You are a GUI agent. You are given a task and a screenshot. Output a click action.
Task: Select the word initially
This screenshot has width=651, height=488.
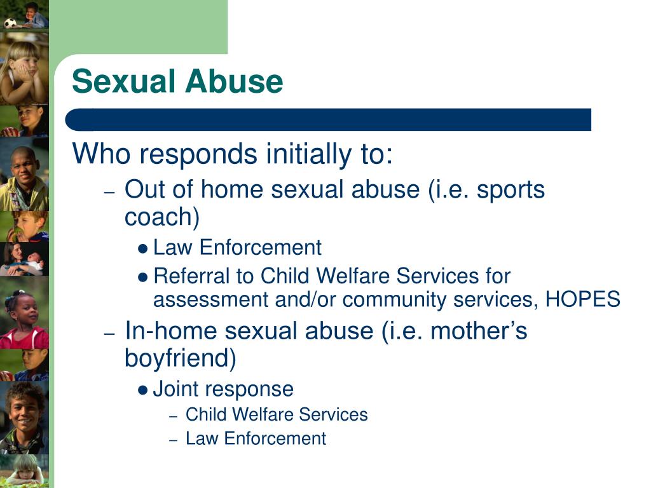tap(308, 154)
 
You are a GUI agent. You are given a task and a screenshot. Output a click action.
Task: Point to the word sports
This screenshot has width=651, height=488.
tap(511, 191)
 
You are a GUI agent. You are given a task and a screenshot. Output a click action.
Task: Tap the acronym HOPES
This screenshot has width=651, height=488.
tap(582, 299)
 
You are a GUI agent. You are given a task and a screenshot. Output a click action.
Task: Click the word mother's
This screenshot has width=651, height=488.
tap(479, 331)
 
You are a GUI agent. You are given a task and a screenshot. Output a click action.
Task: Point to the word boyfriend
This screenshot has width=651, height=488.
tap(180, 358)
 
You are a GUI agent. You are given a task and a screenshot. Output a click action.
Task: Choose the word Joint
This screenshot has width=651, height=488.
tap(177, 389)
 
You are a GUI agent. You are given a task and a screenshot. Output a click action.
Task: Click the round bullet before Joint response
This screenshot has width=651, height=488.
tap(143, 391)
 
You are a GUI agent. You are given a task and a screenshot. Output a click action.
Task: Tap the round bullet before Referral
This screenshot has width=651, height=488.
tap(143, 277)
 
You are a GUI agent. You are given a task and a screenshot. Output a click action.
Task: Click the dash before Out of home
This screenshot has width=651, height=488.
tap(109, 193)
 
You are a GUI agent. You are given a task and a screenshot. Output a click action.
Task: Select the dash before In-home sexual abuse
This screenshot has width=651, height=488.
tap(109, 334)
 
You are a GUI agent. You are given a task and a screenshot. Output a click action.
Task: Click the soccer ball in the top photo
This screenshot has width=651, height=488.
tap(10, 23)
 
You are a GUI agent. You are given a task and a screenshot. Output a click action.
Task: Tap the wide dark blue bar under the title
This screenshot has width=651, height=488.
tap(328, 119)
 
